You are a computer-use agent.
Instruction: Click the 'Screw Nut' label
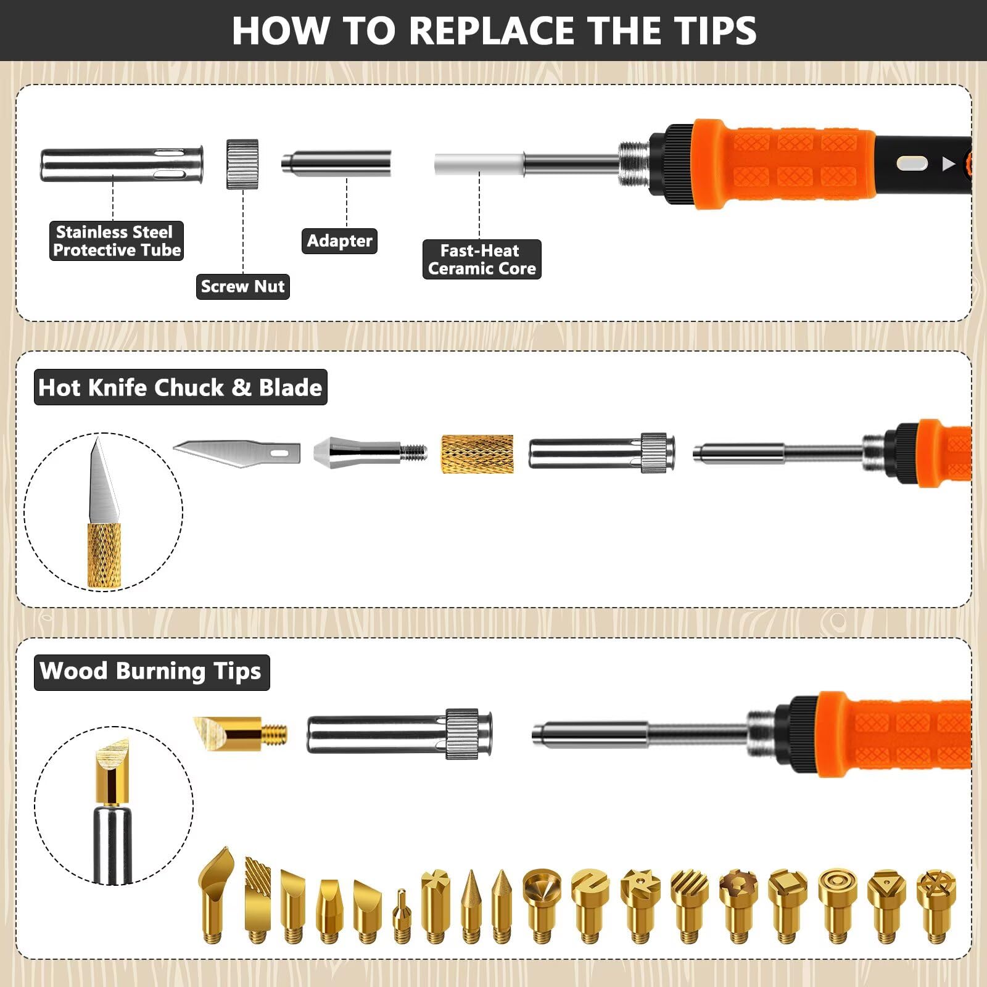[x=243, y=287]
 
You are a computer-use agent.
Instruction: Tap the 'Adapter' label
[x=339, y=241]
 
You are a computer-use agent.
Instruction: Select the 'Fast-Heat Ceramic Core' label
[x=482, y=260]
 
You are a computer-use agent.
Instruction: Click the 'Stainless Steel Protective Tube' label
[x=117, y=241]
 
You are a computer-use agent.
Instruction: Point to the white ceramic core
[x=479, y=165]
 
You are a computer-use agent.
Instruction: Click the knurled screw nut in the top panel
[x=242, y=164]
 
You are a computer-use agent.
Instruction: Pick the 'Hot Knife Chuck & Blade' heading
[x=180, y=387]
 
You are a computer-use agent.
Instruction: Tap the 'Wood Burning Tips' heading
[x=151, y=672]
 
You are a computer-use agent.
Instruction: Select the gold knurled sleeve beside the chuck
[x=477, y=454]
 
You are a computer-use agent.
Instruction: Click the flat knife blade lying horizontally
[x=237, y=453]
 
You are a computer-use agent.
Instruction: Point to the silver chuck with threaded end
[x=370, y=453]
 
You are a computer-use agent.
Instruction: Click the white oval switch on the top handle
[x=912, y=164]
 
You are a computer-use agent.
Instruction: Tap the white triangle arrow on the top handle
[x=949, y=164]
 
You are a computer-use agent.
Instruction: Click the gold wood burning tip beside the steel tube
[x=241, y=733]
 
